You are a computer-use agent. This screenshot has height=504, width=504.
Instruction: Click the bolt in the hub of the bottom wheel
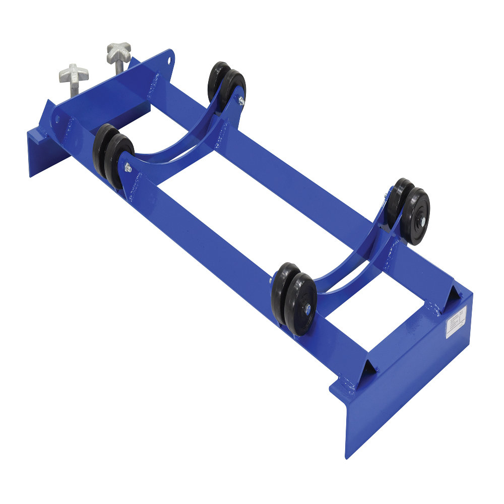pyautogui.click(x=306, y=310)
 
